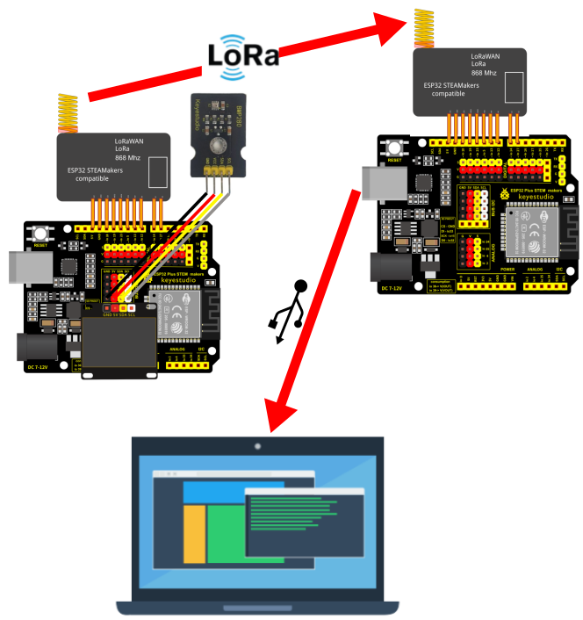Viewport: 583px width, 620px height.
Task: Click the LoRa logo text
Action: click(x=243, y=56)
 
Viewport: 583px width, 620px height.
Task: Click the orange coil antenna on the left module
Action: click(x=68, y=112)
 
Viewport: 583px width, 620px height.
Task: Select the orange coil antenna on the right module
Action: click(x=423, y=28)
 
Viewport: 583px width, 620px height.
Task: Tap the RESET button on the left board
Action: click(x=40, y=235)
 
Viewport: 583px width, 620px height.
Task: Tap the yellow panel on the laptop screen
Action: click(x=194, y=533)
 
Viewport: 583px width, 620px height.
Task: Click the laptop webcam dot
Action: click(x=257, y=446)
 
